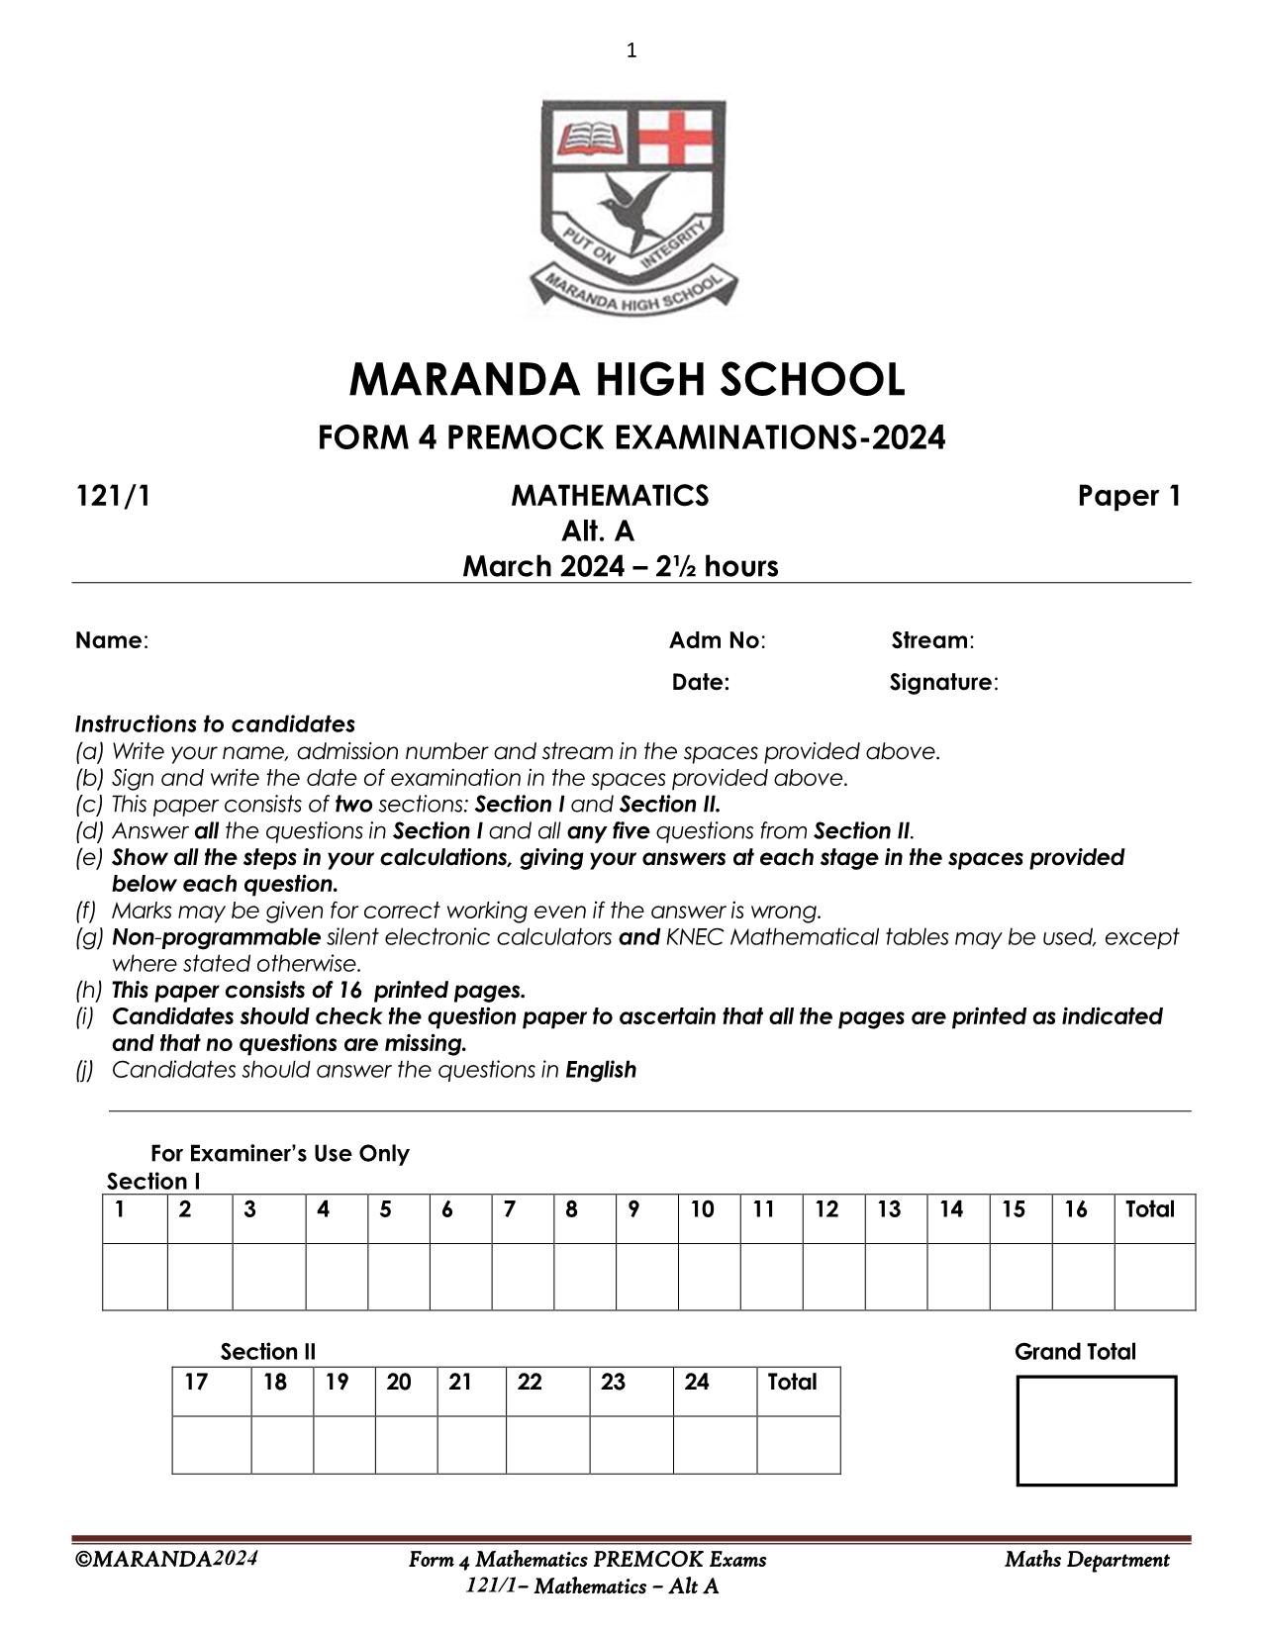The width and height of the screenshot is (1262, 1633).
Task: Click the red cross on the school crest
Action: [x=676, y=135]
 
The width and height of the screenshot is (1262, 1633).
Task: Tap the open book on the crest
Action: [x=591, y=137]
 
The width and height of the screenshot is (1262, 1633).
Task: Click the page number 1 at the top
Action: [x=631, y=50]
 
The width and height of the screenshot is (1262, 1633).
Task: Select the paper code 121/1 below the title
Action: [x=113, y=496]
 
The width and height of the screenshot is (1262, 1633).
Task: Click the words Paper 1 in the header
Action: [x=1128, y=496]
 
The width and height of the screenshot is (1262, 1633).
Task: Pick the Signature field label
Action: [x=942, y=682]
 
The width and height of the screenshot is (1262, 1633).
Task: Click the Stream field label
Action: [x=931, y=640]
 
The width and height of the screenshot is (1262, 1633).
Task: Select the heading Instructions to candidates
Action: [x=215, y=724]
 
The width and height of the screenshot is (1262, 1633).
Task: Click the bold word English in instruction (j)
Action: [x=600, y=1070]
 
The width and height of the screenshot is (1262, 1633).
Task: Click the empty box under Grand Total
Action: [x=1096, y=1430]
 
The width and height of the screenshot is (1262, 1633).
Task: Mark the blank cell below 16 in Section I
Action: [x=1083, y=1277]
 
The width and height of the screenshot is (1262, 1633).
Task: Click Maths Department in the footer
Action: [x=1086, y=1561]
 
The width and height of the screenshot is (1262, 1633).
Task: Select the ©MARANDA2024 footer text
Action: [x=166, y=1560]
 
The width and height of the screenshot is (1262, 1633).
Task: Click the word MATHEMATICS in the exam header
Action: [x=610, y=496]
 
